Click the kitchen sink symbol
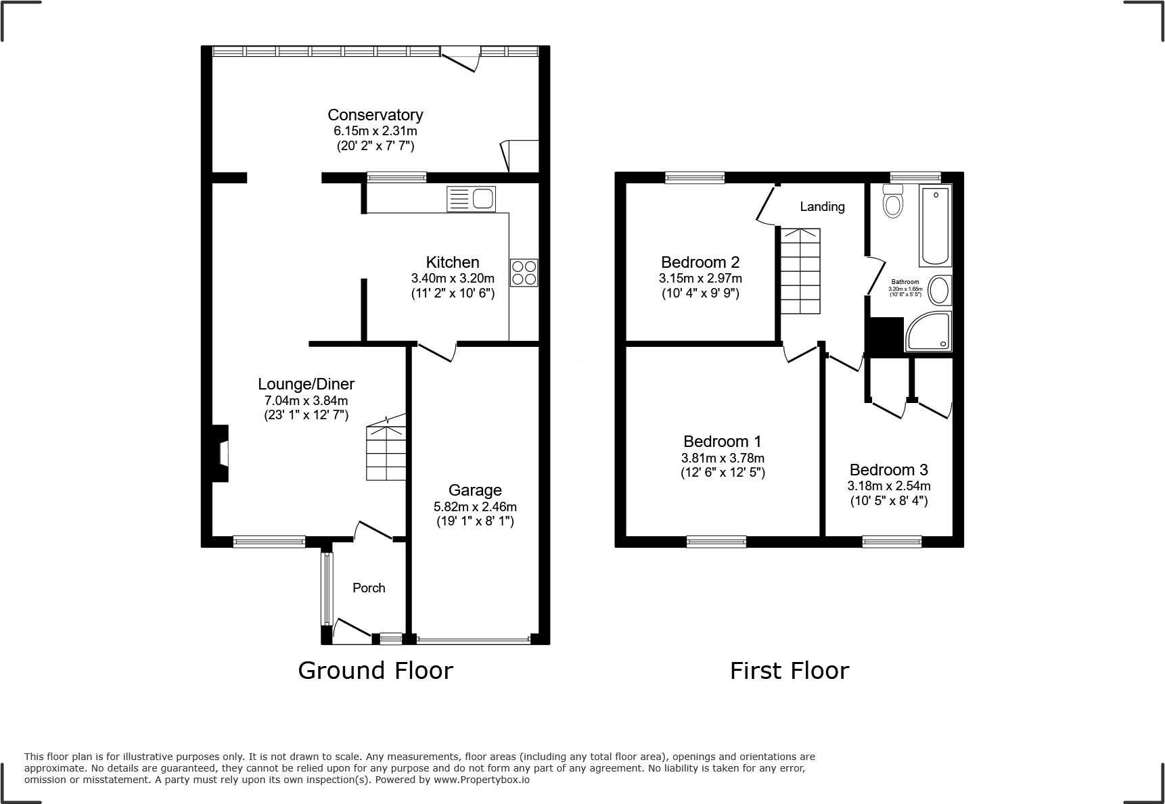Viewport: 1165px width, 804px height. click(x=472, y=199)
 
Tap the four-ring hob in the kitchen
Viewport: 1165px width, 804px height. click(x=524, y=273)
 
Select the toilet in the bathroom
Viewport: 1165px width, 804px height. click(x=893, y=202)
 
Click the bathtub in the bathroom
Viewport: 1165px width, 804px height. click(x=935, y=227)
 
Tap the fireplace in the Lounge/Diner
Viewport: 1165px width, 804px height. click(x=220, y=453)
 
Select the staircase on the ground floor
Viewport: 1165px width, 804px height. click(x=386, y=452)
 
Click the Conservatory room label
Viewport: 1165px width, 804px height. click(x=375, y=115)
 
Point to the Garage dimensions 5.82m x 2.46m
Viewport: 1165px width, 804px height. click(x=475, y=506)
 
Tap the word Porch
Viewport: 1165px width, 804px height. click(x=369, y=588)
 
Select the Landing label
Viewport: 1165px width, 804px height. click(x=822, y=207)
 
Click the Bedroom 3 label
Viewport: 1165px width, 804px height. click(x=888, y=470)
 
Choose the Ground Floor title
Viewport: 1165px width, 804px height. click(x=375, y=670)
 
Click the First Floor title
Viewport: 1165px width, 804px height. click(x=789, y=670)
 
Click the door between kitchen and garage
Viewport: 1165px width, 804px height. click(x=436, y=350)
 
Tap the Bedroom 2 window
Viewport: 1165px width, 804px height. click(x=695, y=178)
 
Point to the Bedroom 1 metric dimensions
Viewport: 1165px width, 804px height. click(x=723, y=458)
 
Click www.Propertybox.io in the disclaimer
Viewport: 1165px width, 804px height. click(x=482, y=780)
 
